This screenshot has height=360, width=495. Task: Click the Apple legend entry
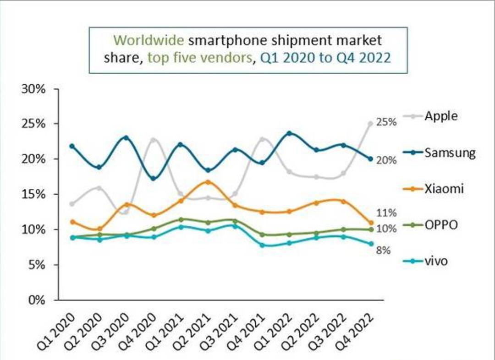pyautogui.click(x=430, y=116)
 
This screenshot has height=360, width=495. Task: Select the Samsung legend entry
pyautogui.click(x=439, y=153)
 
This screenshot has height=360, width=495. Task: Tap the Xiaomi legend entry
pyautogui.click(x=434, y=189)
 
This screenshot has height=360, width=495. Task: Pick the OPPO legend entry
pyautogui.click(x=430, y=225)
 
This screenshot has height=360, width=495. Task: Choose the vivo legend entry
pyautogui.click(x=425, y=261)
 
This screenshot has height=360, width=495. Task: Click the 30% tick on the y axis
pyautogui.click(x=33, y=89)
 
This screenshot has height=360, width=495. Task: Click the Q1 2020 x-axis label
pyautogui.click(x=56, y=331)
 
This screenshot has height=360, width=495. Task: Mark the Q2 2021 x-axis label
pyautogui.click(x=192, y=331)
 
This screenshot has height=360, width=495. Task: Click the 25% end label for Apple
pyautogui.click(x=386, y=122)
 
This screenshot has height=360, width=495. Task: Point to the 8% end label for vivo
pyautogui.click(x=383, y=251)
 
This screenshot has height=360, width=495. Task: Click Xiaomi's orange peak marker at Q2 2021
pyautogui.click(x=208, y=182)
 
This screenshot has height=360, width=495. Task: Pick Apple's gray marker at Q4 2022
pyautogui.click(x=371, y=124)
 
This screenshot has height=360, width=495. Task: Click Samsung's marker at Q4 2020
pyautogui.click(x=154, y=179)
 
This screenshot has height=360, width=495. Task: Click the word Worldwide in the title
pyautogui.click(x=149, y=40)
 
